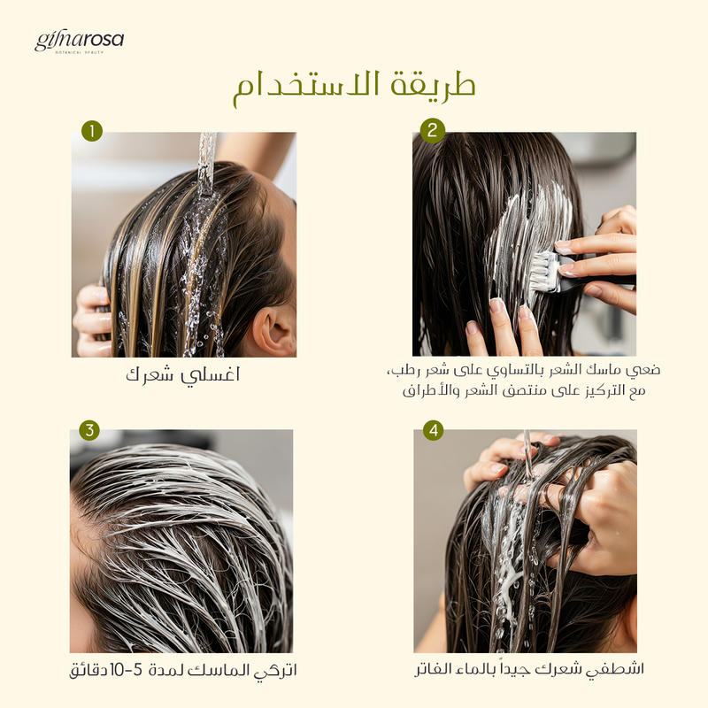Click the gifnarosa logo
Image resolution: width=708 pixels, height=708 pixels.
[x=79, y=42]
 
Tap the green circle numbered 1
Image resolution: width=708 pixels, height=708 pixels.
[x=92, y=131]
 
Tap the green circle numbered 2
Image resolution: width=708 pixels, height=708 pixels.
[x=433, y=130]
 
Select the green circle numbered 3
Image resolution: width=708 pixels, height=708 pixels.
[x=89, y=430]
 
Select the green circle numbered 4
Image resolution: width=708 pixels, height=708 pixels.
[x=434, y=430]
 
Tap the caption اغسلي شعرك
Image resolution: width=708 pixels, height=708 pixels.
[x=183, y=375]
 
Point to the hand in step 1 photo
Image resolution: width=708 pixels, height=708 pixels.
[x=92, y=320]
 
